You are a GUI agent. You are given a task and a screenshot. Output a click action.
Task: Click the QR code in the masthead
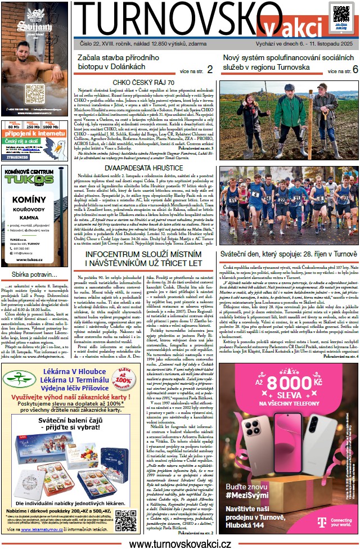pos(341,12)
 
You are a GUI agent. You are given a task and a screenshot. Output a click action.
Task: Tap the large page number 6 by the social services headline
pos(355,70)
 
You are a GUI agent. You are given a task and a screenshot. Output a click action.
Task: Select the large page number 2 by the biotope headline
pos(209,70)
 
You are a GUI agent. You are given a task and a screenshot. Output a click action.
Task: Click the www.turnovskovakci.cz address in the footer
pos(180,544)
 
